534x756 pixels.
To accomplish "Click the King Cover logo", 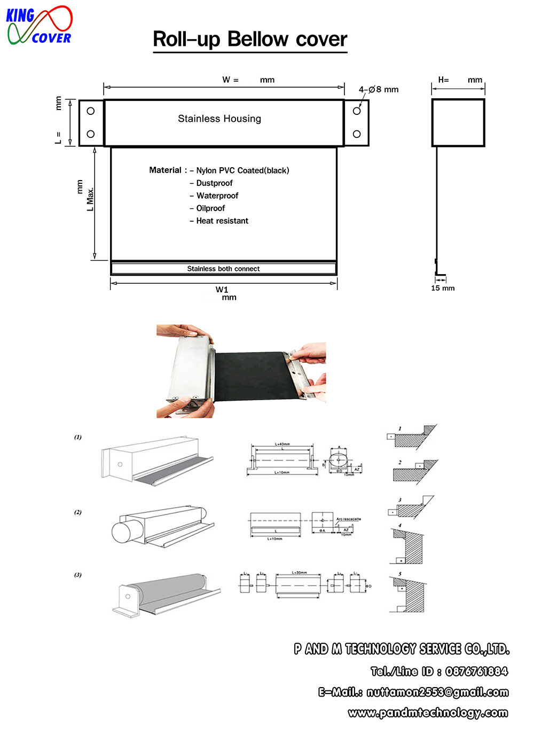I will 39,25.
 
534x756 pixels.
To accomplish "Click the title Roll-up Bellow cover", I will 250,40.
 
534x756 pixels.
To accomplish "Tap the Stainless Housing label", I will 219,119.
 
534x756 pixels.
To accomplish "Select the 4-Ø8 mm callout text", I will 378,89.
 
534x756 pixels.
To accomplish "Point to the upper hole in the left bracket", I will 91,111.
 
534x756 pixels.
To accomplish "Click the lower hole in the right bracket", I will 357,134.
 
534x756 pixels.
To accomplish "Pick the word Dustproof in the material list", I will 214,183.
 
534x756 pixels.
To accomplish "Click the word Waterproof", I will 217,196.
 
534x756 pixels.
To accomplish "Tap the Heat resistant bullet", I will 222,221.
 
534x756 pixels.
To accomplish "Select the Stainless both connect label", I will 223,269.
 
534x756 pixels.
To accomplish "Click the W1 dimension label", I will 222,290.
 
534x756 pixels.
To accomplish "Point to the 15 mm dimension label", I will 443,288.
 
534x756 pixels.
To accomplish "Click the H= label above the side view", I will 443,80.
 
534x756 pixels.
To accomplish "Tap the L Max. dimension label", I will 90,199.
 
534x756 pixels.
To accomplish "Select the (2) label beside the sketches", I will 78,512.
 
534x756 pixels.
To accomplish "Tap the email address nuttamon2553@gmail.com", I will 437,692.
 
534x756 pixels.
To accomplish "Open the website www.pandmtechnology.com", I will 428,713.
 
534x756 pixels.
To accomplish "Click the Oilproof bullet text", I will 210,208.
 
